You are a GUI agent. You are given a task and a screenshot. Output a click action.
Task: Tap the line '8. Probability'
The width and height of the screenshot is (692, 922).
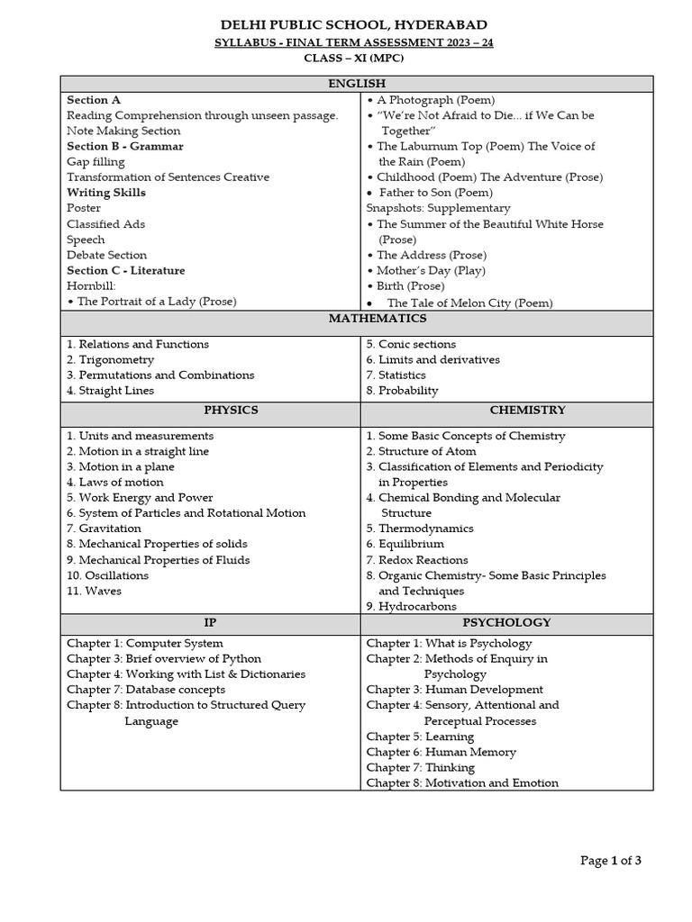tap(402, 391)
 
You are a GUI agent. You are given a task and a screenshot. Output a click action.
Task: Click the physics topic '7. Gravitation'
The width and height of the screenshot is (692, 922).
tap(104, 529)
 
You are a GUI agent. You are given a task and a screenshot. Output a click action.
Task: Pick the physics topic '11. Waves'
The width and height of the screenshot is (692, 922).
tap(94, 591)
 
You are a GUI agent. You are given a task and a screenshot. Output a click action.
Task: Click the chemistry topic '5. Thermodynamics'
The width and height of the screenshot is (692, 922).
tap(419, 529)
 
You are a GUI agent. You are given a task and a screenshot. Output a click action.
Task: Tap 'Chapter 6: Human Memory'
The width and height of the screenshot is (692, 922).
tap(441, 752)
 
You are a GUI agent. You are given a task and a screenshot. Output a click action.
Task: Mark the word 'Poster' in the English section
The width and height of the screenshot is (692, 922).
tap(84, 208)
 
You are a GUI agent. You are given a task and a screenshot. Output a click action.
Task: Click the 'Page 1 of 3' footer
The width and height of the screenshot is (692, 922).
tap(610, 861)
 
